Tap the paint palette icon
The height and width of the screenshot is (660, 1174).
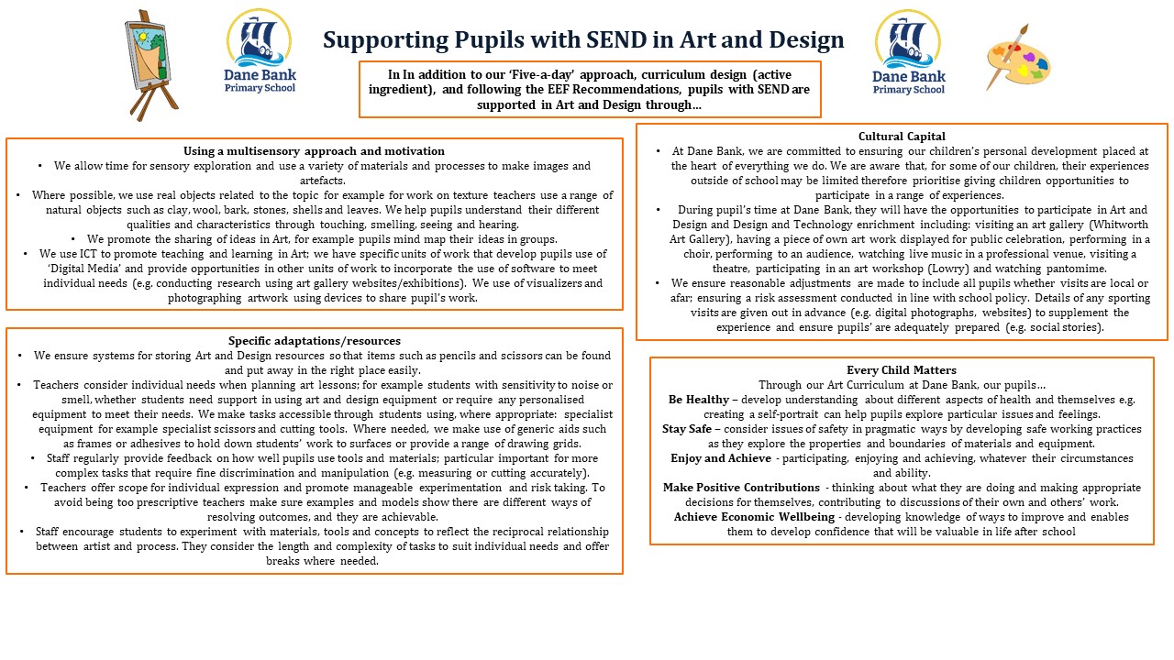(1018, 57)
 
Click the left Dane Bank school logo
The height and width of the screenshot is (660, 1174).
(260, 51)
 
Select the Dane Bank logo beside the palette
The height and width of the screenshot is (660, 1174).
(908, 52)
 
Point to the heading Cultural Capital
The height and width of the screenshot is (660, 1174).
(902, 137)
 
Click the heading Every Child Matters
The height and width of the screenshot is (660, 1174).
(902, 370)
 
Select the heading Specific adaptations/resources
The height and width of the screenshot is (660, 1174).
(315, 341)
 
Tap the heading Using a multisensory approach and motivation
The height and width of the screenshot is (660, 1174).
(314, 151)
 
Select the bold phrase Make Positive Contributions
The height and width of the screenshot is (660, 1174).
(741, 488)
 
